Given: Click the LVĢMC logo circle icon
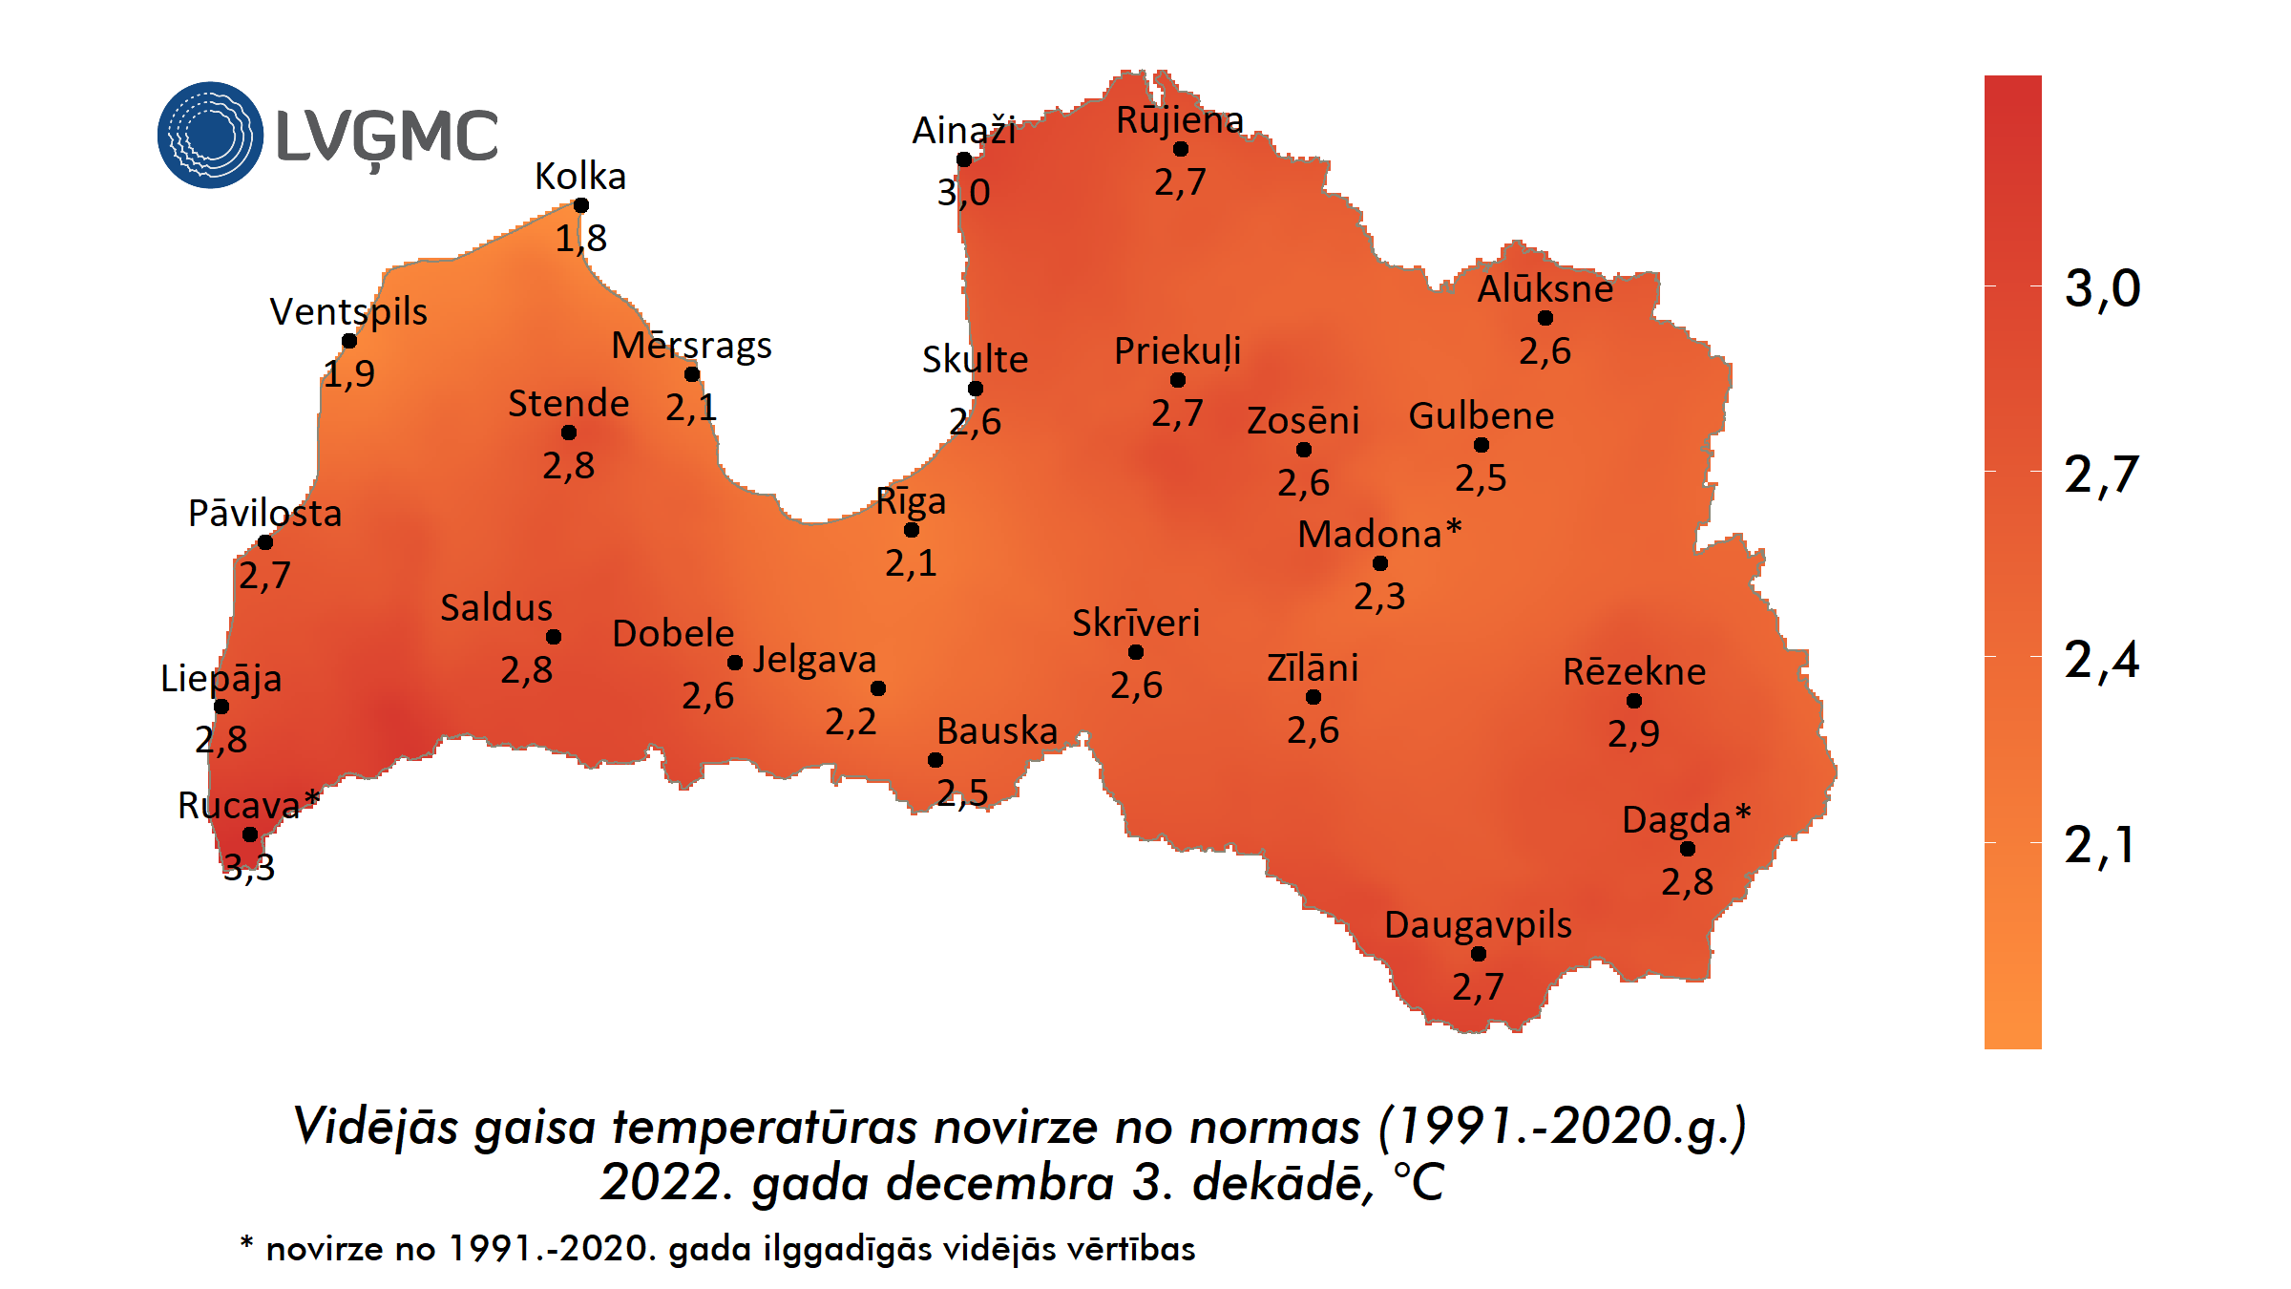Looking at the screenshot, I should tap(210, 135).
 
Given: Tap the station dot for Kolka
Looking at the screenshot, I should tap(580, 205).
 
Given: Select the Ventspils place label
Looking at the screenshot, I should tap(348, 311).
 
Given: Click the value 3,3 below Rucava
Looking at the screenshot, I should tap(249, 867).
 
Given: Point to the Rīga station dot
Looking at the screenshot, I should tap(912, 530).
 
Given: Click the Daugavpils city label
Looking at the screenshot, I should tap(1478, 924).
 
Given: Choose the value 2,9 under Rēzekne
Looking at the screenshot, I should tap(1633, 733).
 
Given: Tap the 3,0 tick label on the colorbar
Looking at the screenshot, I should tap(2102, 287).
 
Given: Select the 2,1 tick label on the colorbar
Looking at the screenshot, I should tap(2099, 845).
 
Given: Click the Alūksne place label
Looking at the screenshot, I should tap(1545, 288).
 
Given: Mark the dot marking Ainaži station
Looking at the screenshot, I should tap(964, 159).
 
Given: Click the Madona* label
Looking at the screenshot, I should tap(1379, 534).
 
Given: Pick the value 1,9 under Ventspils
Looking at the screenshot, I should tap(348, 372).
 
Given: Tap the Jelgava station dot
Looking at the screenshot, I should tap(878, 688).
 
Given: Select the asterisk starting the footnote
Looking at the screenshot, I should tap(246, 1243).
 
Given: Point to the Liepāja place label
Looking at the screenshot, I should tap(221, 679).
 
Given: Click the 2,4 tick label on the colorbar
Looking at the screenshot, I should tap(2101, 660).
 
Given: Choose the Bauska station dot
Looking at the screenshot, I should tap(935, 760).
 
